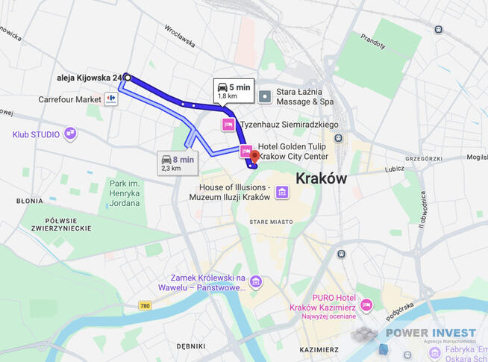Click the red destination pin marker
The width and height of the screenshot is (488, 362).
coord(254,156)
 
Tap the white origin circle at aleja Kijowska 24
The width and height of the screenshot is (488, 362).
coord(127,77)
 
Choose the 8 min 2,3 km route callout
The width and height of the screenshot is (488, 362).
coord(178,163)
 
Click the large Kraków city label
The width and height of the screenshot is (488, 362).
coord(322,178)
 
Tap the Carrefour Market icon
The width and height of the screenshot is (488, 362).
coord(111,99)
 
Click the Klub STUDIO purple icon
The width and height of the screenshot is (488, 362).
coord(70,134)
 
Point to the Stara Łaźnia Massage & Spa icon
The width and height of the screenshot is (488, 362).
coord(265,96)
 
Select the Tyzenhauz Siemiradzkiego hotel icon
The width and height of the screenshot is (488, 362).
coord(228,125)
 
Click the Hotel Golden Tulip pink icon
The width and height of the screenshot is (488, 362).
coord(245,152)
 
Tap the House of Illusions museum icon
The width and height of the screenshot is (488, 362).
coord(282,193)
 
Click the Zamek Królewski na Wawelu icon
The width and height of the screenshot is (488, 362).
coord(256,281)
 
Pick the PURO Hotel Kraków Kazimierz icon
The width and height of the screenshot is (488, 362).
coord(366,305)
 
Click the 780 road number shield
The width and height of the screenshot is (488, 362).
coord(145,305)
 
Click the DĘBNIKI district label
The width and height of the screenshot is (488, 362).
coord(191,346)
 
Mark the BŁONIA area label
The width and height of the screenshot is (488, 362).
coord(30,201)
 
